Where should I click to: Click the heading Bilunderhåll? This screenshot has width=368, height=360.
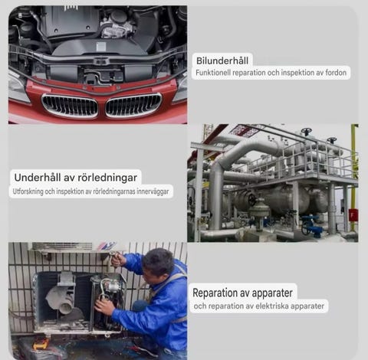(x=222, y=61)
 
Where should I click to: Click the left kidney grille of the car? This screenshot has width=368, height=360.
(x=70, y=106)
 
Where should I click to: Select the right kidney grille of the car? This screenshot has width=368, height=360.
(x=133, y=105)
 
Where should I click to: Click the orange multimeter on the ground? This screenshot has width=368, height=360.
(x=41, y=343)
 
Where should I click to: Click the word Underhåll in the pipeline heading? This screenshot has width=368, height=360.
(x=38, y=178)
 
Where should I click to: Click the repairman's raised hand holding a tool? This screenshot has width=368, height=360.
(x=118, y=258)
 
